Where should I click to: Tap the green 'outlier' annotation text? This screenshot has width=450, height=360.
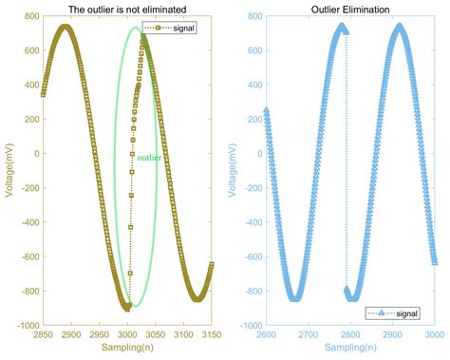148,158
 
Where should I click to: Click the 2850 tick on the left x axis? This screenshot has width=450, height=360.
43,334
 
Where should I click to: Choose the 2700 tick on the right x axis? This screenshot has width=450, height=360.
308,334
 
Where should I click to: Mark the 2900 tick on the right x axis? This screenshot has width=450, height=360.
393,334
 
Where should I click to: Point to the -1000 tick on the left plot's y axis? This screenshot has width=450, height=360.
25,326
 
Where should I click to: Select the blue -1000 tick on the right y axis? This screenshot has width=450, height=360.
246,326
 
